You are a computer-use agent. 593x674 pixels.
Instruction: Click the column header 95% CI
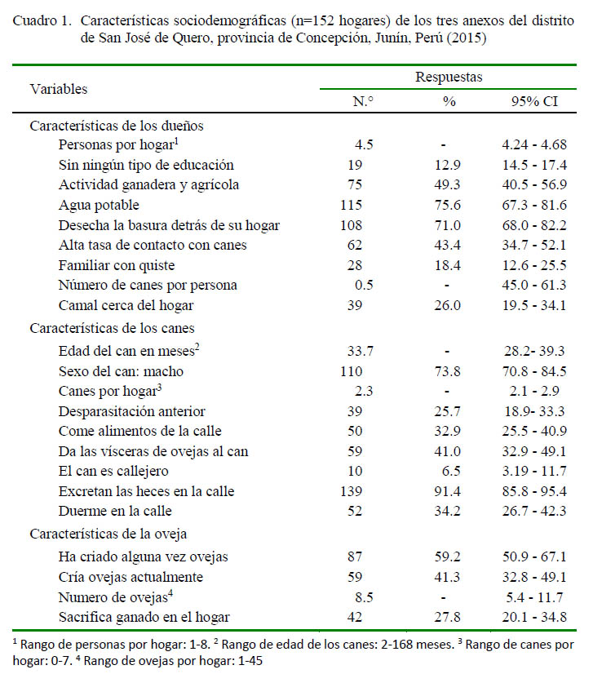534,101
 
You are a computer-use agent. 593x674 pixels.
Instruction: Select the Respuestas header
449,78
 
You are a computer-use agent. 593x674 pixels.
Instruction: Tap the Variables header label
59,89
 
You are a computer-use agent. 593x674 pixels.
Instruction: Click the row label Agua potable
99,205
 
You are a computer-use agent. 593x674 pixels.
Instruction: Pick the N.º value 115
351,205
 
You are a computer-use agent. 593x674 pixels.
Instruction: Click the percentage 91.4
447,491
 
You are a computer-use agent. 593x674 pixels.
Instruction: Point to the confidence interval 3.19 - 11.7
534,471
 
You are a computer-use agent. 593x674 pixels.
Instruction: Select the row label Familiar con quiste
117,266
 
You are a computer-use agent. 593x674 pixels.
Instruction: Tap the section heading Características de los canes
112,328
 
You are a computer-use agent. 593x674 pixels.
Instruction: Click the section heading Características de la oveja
108,534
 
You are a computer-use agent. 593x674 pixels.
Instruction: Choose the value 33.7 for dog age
360,351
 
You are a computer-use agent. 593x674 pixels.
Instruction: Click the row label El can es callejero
113,472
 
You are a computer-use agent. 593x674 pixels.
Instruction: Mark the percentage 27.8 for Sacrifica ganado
447,617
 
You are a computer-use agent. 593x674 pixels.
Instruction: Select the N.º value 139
351,491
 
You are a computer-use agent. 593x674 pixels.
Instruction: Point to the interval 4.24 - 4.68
534,144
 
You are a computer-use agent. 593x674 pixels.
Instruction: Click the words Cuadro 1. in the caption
42,20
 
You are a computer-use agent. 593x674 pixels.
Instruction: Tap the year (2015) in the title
467,38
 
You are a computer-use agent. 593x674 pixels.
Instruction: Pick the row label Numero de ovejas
116,597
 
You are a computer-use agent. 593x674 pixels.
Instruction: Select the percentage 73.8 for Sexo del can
447,371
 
